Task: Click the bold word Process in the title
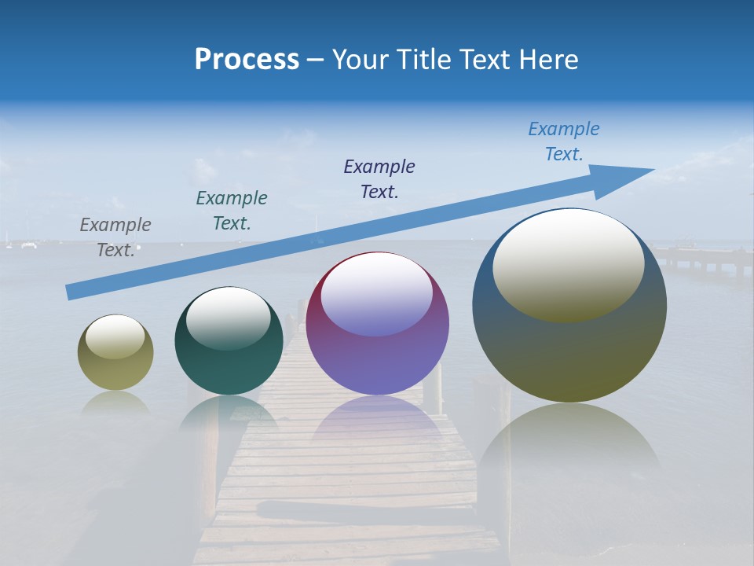point(247,60)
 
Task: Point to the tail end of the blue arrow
point(71,292)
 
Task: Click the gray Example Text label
point(115,237)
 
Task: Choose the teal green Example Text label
point(232,210)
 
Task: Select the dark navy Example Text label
point(379,178)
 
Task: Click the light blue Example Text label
point(564,141)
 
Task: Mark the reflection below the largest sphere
point(569,448)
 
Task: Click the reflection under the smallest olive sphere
point(115,402)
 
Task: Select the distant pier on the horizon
point(703,255)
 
